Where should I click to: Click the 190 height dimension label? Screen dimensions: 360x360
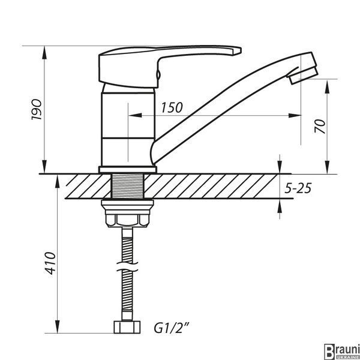click(37, 110)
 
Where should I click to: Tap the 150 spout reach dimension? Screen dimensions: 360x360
click(172, 107)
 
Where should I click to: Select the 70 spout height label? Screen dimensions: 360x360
click(320, 126)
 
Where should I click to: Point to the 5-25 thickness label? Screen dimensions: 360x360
click(298, 188)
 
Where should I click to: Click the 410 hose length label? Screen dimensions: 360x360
click(50, 263)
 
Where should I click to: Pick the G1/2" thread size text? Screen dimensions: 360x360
click(172, 328)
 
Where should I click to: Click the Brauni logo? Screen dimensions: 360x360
click(341, 352)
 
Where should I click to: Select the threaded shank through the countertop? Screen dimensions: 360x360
click(127, 186)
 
